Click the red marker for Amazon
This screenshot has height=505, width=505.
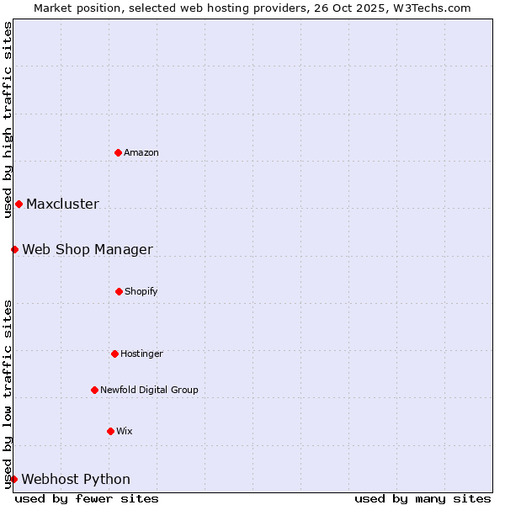pos(118,152)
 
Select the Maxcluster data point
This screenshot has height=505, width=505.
pos(19,204)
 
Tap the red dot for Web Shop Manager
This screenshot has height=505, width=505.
pos(14,249)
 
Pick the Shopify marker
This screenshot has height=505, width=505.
pos(119,291)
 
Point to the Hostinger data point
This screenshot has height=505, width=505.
pos(114,353)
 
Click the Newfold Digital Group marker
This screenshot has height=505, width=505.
pos(94,390)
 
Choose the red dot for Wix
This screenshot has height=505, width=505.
pos(110,431)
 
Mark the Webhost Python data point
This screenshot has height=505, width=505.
pos(13,479)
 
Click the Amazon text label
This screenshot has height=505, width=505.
pos(141,152)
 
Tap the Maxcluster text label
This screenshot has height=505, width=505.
pos(62,204)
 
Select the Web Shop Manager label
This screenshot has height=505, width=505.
pos(88,249)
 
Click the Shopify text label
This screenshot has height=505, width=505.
pos(141,291)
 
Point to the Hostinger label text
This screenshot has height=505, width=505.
pos(141,353)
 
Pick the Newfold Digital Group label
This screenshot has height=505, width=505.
pos(149,390)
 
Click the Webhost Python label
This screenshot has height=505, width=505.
pos(76,479)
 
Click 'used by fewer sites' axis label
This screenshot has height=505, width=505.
pos(87,498)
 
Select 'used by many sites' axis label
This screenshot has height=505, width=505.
pos(423,498)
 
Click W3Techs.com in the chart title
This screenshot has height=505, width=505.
pos(433,8)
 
